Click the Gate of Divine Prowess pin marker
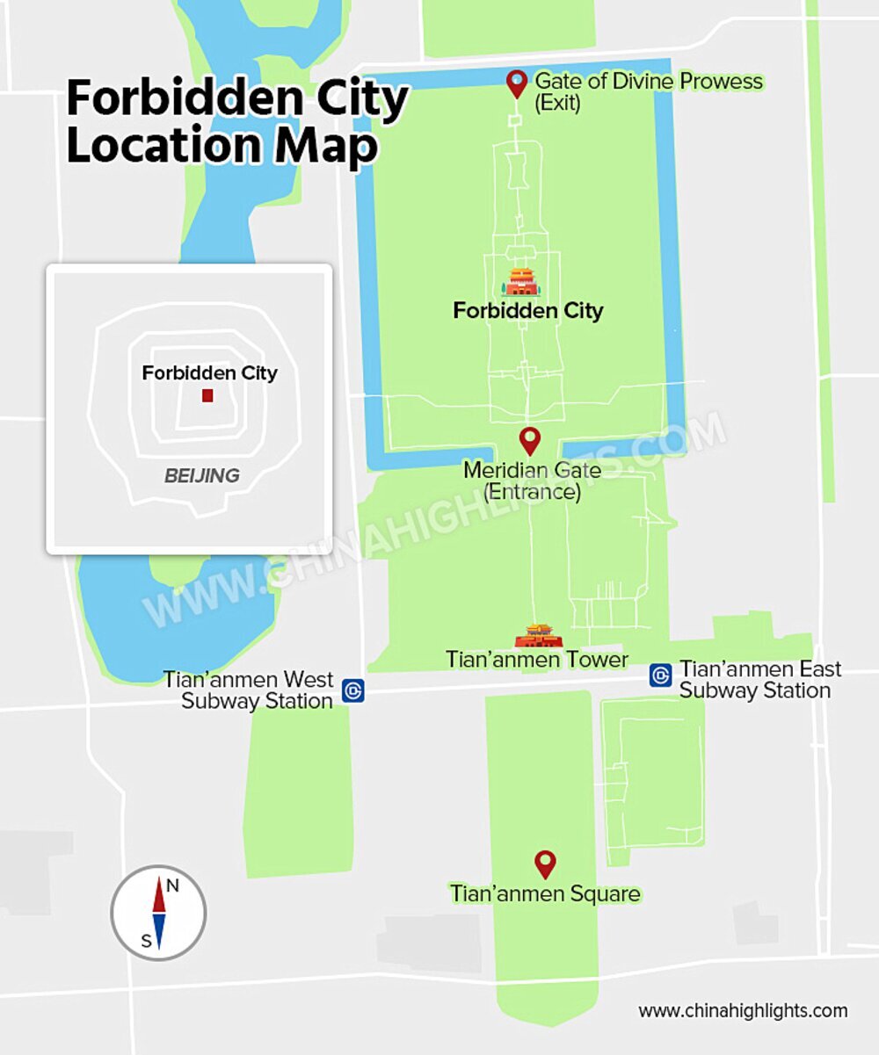coord(517,83)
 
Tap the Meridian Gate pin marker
coord(529,439)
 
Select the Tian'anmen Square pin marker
coord(546,863)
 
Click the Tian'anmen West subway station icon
coord(353,690)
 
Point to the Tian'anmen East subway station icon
coord(661,675)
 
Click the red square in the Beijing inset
coord(207,395)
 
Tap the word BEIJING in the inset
coord(202,476)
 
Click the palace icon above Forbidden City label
coord(521,282)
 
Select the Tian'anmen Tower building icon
coord(538,635)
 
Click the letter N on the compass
coord(173,885)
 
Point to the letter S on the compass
coord(146,942)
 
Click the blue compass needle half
coord(159,931)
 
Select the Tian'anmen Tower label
coord(537,660)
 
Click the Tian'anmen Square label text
coord(545,894)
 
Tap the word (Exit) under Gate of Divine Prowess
coord(558,103)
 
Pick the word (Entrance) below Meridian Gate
coord(532,492)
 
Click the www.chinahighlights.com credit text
coord(743,1011)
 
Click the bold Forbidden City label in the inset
coord(209,373)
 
